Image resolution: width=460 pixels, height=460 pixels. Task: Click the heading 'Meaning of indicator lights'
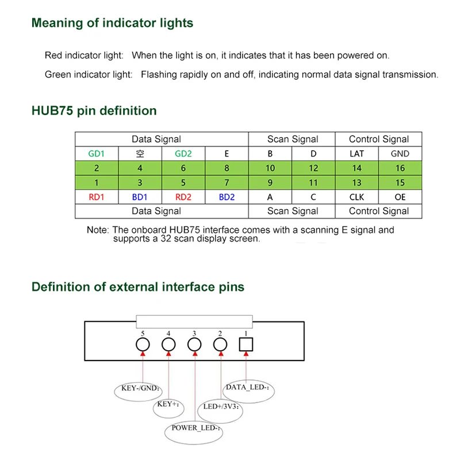tap(112, 24)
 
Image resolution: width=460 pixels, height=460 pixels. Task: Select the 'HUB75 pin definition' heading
tap(94, 111)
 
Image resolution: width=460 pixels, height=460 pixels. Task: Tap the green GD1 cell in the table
tap(97, 154)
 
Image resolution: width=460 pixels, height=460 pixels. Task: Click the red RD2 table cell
tap(183, 197)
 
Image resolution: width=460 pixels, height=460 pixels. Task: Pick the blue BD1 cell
tap(140, 197)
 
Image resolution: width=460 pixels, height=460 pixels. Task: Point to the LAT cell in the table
tap(356, 154)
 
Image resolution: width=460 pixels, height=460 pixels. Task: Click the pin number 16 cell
tap(400, 168)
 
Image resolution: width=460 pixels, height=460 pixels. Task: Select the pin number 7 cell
tap(227, 183)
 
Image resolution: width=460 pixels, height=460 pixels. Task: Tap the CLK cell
tap(356, 197)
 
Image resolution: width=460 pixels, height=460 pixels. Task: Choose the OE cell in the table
tap(400, 197)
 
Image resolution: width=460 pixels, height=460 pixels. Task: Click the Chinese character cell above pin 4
tap(140, 154)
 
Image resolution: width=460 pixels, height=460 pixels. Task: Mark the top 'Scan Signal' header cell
tap(292, 139)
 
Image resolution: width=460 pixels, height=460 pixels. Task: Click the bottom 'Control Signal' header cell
tap(378, 211)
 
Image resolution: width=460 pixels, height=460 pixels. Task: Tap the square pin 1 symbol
tap(246, 344)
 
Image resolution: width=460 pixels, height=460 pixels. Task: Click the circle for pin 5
tap(143, 344)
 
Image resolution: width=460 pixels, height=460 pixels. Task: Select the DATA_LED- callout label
tap(247, 388)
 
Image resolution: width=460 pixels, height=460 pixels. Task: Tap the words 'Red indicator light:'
tap(84, 56)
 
